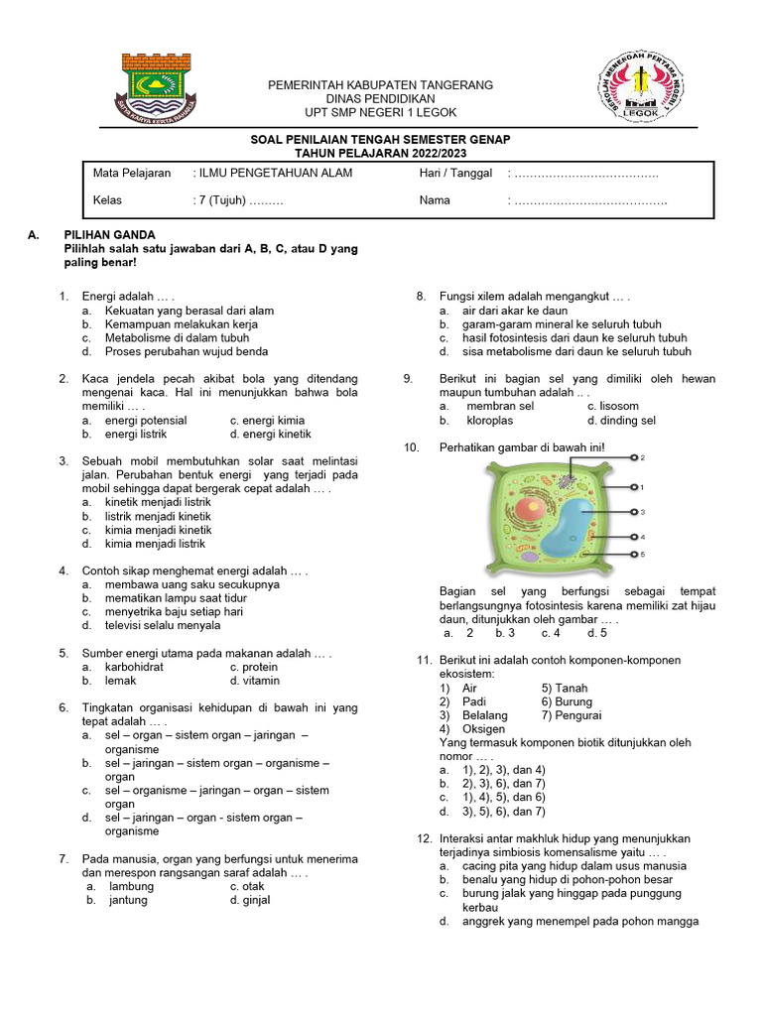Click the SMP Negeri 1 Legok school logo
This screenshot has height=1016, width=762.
tap(640, 86)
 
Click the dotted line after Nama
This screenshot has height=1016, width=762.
tap(589, 200)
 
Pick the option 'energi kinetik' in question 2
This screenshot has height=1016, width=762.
tap(270, 434)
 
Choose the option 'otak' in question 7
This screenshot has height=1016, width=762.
tap(248, 886)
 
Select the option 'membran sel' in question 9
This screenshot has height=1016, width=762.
tap(500, 406)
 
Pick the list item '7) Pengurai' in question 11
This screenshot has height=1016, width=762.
tap(571, 714)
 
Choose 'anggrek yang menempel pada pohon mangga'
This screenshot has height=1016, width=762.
tap(579, 921)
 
